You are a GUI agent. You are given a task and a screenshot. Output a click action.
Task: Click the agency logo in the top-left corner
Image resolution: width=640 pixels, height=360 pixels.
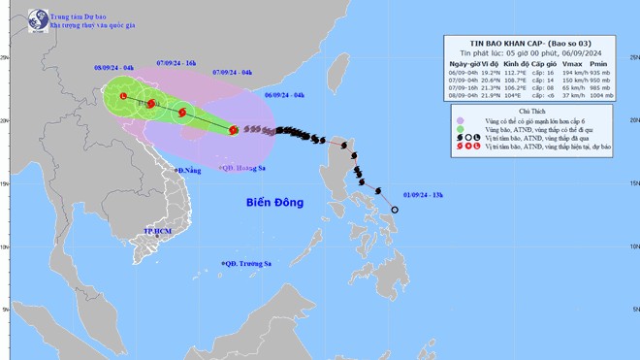point(38,19)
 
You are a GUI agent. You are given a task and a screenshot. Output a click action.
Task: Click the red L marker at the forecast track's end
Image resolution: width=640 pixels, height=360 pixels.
point(123,95)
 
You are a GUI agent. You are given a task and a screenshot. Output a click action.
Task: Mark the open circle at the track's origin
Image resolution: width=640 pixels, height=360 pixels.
point(395,210)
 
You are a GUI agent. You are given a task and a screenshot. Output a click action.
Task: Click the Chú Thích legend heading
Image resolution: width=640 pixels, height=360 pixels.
point(539,111)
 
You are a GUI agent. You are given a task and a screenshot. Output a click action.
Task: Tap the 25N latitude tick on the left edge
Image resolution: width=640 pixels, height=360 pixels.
point(5,57)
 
